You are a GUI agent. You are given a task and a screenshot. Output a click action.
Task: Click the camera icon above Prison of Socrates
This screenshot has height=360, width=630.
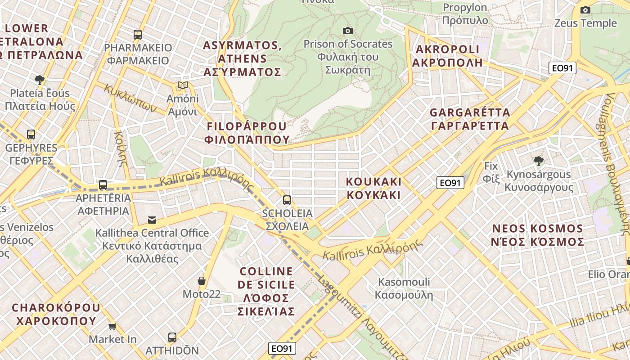(x=347, y=31)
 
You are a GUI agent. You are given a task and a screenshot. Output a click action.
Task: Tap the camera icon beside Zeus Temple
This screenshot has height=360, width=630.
(x=585, y=10)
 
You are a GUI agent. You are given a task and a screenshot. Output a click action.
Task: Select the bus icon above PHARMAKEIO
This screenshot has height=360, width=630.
(x=138, y=34)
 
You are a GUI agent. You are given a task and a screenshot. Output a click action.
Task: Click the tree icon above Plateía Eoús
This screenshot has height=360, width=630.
(x=40, y=80)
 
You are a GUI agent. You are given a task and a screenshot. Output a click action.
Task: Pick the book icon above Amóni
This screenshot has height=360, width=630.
(x=182, y=85)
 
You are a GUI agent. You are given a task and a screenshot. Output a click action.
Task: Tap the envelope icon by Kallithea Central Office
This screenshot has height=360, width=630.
(x=152, y=220)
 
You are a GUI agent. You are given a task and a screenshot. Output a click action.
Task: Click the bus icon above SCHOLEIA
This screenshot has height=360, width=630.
(x=287, y=200)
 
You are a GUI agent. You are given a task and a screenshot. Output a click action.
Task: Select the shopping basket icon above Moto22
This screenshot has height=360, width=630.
(x=202, y=281)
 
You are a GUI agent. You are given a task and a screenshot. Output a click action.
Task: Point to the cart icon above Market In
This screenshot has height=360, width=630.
(x=112, y=326)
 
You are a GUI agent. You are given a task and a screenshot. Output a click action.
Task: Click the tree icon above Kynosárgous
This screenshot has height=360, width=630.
(x=538, y=161)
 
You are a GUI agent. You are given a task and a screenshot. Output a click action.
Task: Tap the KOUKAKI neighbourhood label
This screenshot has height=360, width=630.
(x=373, y=188)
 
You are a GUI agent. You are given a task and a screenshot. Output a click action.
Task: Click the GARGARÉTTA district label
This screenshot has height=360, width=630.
(x=470, y=119)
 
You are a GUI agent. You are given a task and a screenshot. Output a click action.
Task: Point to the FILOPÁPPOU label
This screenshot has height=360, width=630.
(x=247, y=132)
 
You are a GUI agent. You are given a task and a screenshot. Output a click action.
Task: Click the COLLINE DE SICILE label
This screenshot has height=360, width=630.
(x=266, y=291)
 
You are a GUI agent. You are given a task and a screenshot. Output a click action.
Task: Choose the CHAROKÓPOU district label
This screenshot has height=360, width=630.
(x=56, y=314)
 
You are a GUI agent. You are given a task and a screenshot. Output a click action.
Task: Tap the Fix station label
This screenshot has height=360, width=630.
(x=491, y=172)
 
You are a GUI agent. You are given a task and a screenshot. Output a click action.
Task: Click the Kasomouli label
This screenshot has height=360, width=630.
(x=404, y=288)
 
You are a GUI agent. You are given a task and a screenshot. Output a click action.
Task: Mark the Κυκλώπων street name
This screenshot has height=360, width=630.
(x=130, y=98)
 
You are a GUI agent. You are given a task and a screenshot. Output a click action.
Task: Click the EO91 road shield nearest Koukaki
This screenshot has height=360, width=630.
(x=450, y=183)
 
